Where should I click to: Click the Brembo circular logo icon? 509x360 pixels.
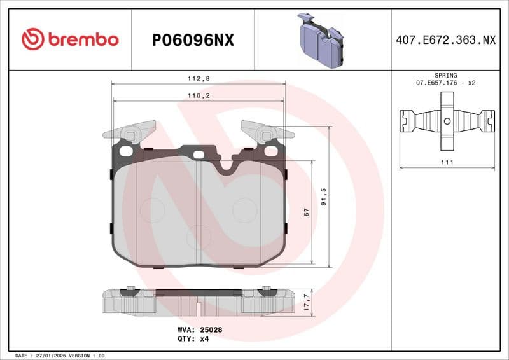tap(32, 39)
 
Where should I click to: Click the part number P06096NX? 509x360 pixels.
tap(193, 40)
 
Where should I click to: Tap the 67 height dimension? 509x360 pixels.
tap(307, 212)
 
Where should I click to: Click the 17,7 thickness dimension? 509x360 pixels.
tap(307, 301)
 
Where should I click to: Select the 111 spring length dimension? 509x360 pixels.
tap(447, 163)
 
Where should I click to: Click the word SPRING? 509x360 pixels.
tap(446, 75)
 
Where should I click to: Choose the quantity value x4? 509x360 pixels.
tap(204, 339)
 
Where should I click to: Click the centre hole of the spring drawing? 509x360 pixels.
tap(447, 121)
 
